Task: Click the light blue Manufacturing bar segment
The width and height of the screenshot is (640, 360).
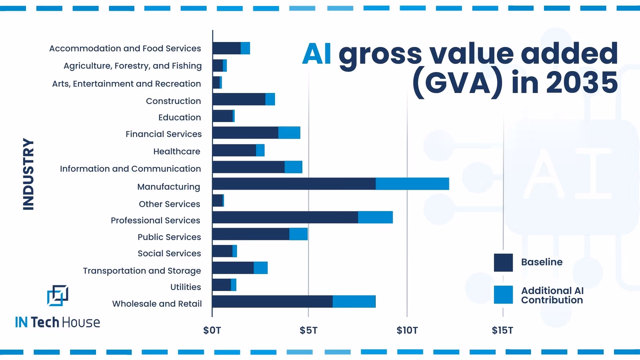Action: coord(412,184)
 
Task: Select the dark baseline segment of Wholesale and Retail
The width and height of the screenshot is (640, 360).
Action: coord(272,301)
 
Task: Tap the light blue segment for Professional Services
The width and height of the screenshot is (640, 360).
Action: coord(375,217)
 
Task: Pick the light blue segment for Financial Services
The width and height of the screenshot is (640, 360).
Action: coord(289,133)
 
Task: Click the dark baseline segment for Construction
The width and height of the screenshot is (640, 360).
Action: coord(239,99)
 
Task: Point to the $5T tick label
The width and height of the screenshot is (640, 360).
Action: coord(308,330)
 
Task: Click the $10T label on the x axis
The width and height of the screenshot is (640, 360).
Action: coord(407,330)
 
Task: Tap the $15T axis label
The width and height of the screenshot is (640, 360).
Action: coord(502,330)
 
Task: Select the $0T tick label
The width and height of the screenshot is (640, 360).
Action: coord(212,330)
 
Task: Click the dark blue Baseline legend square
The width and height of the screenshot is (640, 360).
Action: coord(503,263)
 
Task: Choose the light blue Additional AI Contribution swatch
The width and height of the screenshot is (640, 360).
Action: coord(503,295)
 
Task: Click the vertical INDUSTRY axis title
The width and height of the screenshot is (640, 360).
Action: coord(29,174)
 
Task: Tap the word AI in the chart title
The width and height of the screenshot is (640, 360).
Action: coord(317,54)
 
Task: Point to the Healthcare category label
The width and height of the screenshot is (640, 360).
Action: coord(177,151)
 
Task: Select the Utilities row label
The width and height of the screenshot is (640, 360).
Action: coord(185,287)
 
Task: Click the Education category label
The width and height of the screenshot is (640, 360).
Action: coord(179,117)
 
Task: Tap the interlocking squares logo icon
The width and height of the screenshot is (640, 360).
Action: coord(58,295)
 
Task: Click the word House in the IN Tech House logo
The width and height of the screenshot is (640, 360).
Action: coord(81,322)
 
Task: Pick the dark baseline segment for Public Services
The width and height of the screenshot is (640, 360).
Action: coord(251,234)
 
